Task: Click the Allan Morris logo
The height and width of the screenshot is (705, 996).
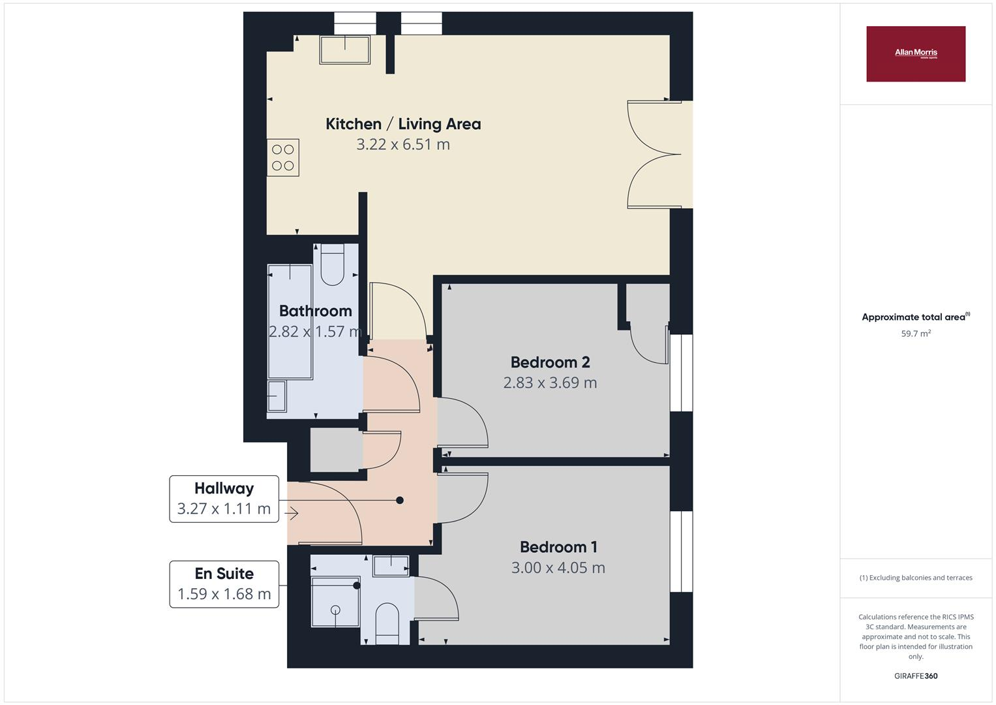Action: [915, 54]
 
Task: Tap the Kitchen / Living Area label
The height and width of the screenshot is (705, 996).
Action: [403, 124]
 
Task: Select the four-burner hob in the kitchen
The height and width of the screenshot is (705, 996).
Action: [282, 157]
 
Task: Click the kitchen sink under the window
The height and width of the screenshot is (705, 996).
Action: [344, 50]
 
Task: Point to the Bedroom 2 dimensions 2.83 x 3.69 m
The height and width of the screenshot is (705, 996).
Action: [550, 383]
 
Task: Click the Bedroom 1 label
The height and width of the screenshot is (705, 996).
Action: [558, 547]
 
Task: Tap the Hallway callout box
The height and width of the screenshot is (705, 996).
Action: [224, 499]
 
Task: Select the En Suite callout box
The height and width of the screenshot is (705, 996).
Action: [224, 584]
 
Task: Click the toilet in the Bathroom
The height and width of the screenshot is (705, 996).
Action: [332, 264]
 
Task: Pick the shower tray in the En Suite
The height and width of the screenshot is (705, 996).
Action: [335, 601]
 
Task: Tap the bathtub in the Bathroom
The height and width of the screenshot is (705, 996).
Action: [290, 321]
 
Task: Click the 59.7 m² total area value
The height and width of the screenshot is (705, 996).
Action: [915, 334]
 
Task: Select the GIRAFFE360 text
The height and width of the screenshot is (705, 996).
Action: [915, 676]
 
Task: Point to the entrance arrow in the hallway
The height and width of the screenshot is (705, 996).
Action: [291, 514]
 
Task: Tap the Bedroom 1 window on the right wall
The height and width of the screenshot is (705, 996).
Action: [681, 551]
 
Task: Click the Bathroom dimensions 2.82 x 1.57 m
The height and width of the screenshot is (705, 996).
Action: [315, 332]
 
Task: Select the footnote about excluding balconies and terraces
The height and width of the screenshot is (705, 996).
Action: [915, 578]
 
